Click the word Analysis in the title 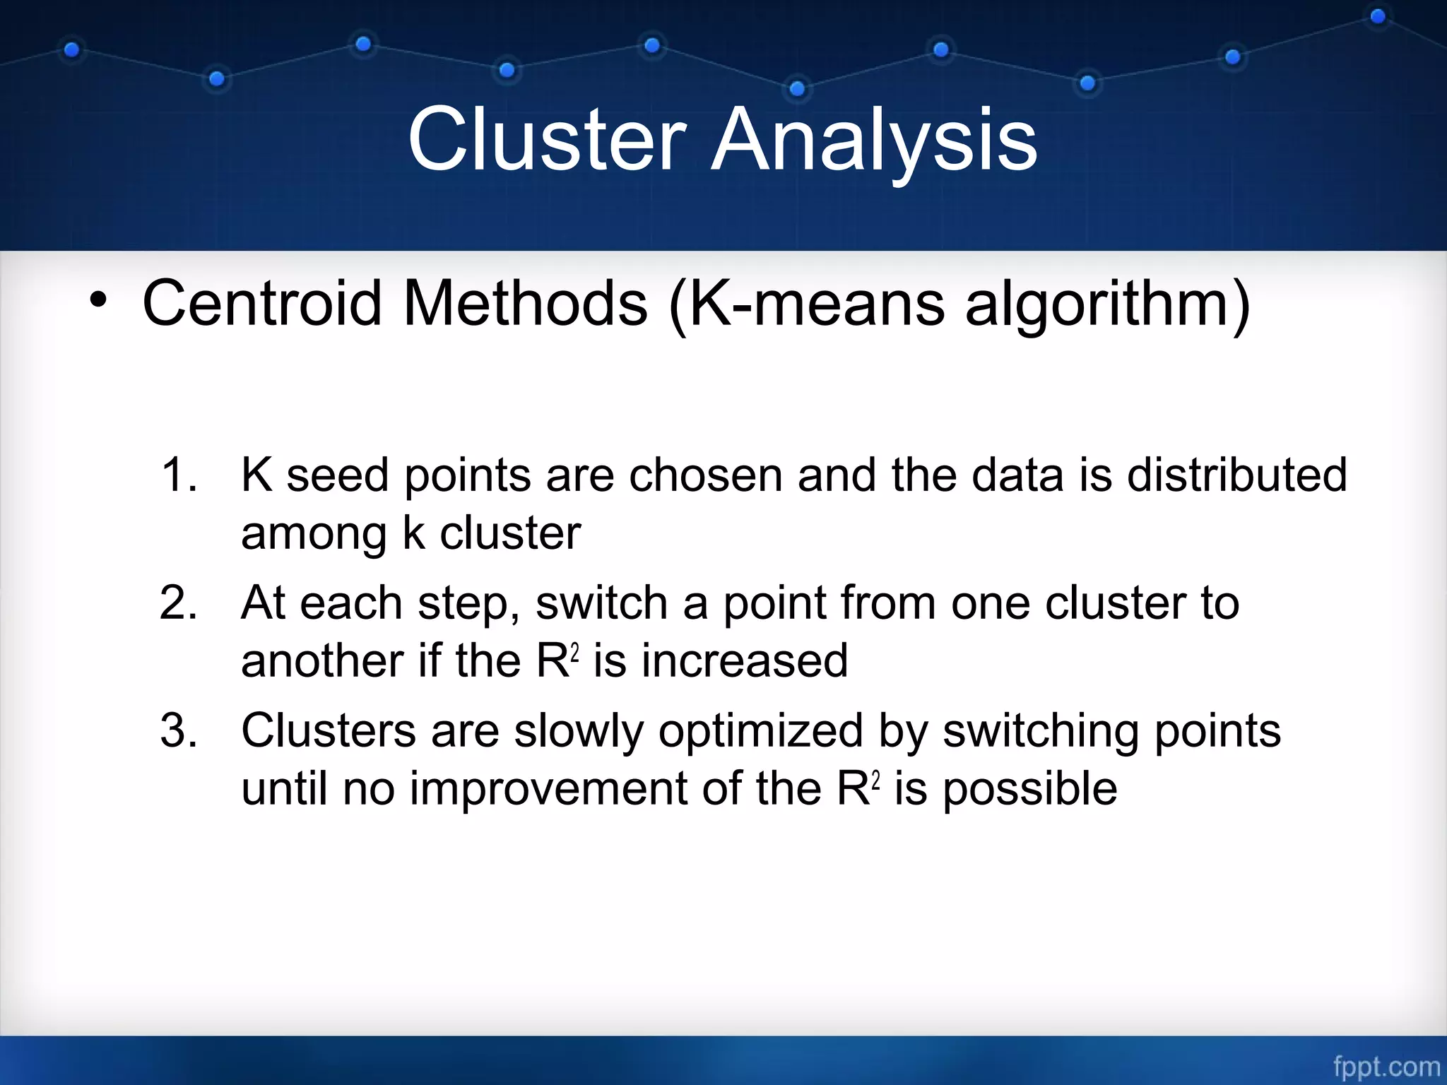point(874,139)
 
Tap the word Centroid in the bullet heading point(262,304)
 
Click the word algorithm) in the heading point(1108,304)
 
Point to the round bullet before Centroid point(98,301)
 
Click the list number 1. point(178,475)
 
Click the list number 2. point(178,603)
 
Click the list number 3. point(178,730)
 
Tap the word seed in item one point(337,475)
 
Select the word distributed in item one point(1236,475)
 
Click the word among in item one point(314,533)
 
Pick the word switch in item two point(601,603)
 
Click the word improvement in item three point(548,788)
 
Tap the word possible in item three point(1030,788)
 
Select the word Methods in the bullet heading point(525,304)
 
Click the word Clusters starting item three point(329,730)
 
